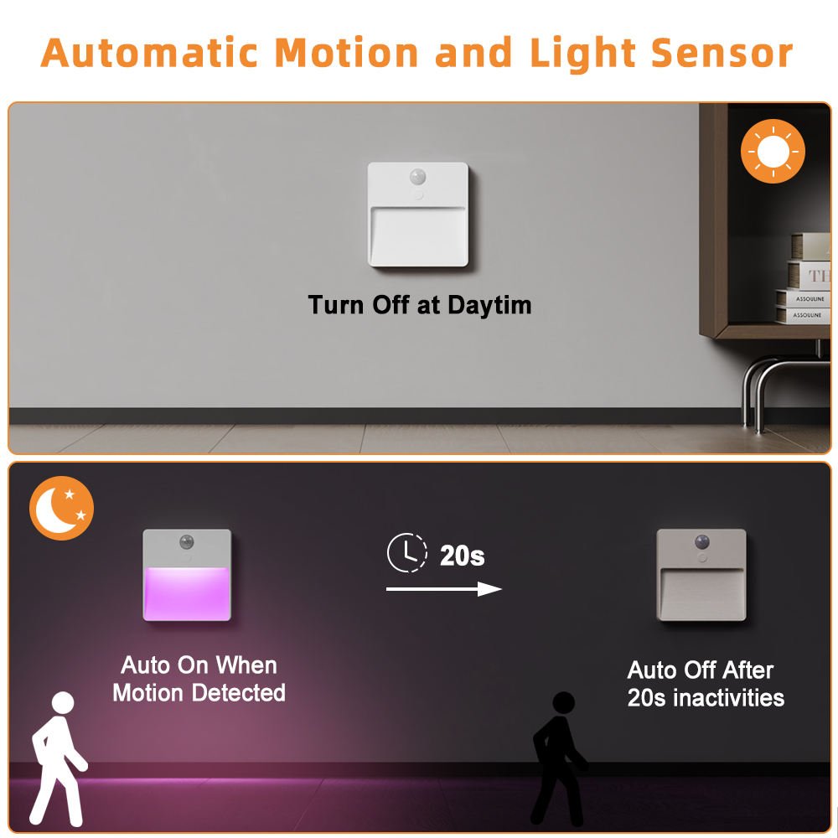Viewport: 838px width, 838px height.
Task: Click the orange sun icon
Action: pyautogui.click(x=773, y=152)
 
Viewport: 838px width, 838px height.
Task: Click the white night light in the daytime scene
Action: pyautogui.click(x=417, y=215)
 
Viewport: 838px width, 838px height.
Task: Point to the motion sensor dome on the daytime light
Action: pyautogui.click(x=416, y=178)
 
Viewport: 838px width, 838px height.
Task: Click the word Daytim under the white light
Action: pyautogui.click(x=489, y=304)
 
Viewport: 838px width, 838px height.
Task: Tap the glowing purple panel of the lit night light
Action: pyautogui.click(x=187, y=593)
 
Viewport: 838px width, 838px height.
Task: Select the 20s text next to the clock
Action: pyautogui.click(x=462, y=555)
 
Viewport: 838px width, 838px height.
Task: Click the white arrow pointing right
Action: pyautogui.click(x=443, y=589)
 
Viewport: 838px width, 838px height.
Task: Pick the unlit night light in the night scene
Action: pyautogui.click(x=701, y=575)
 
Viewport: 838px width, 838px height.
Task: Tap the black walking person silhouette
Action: pyautogui.click(x=558, y=758)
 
